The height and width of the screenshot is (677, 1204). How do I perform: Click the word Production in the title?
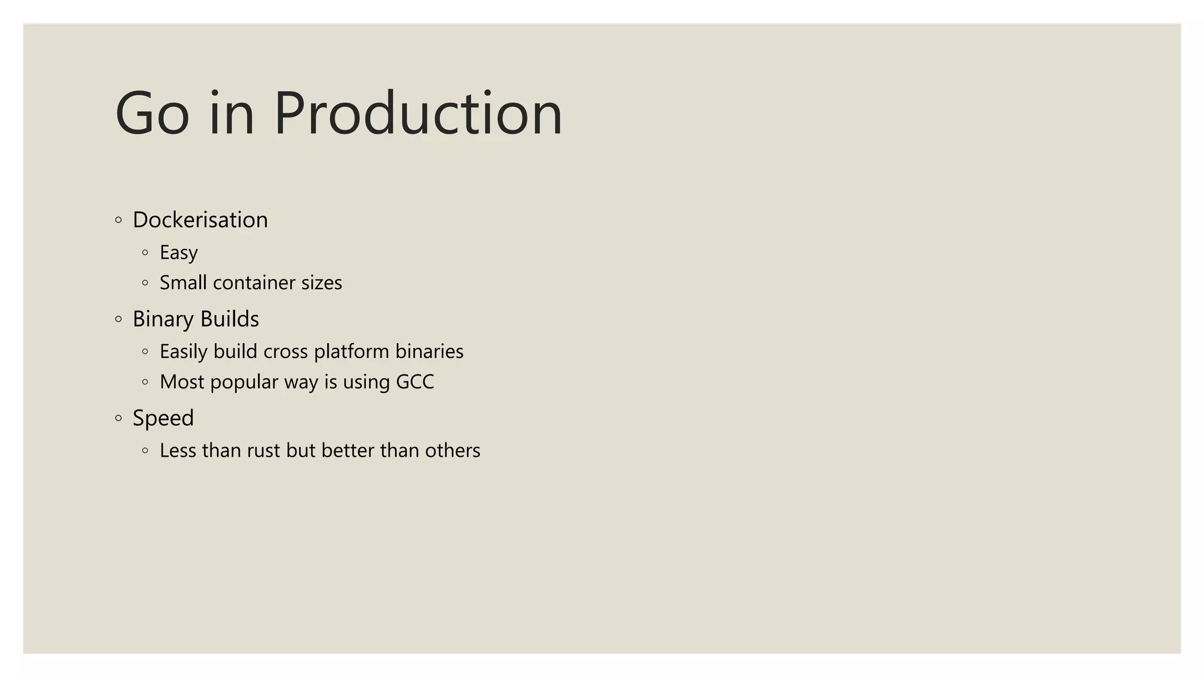[418, 113]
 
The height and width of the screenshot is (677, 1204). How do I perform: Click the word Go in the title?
[152, 113]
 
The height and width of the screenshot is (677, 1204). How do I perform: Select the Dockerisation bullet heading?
[200, 220]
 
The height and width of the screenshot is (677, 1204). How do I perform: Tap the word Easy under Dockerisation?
[179, 253]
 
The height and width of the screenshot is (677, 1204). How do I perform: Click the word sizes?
[322, 283]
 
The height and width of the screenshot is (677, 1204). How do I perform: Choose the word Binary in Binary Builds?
[163, 319]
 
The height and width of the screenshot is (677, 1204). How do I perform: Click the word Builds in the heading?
[229, 319]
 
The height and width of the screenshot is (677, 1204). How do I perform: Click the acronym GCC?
[415, 382]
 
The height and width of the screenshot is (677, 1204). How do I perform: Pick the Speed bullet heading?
[163, 418]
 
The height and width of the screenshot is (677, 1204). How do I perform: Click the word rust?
[263, 451]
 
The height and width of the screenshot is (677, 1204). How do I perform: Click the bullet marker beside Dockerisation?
[119, 220]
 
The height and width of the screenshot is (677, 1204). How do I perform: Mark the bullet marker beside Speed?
[119, 418]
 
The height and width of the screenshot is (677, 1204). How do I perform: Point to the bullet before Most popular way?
[145, 382]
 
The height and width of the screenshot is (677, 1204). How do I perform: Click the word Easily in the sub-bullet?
[183, 351]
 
